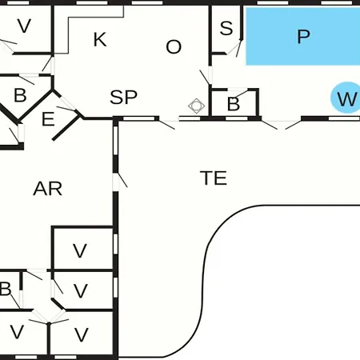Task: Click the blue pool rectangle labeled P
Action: point(302,36)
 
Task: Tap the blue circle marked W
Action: point(346,98)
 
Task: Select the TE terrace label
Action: point(214,178)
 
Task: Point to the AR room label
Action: point(48,189)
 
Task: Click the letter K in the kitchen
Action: point(100,39)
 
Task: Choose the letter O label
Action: point(174,47)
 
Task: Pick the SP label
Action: point(123,97)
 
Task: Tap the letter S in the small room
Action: point(226,28)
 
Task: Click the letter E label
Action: point(48,119)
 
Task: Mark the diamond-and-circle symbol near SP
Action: point(196,106)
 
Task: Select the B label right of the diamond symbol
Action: point(234,104)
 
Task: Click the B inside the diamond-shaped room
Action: point(20,95)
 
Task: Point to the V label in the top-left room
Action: point(24,26)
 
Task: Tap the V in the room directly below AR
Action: point(80,250)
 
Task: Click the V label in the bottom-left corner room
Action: point(17,332)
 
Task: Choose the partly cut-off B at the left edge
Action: point(6,289)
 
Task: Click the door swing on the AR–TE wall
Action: point(122,180)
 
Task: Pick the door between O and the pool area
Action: point(206,78)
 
